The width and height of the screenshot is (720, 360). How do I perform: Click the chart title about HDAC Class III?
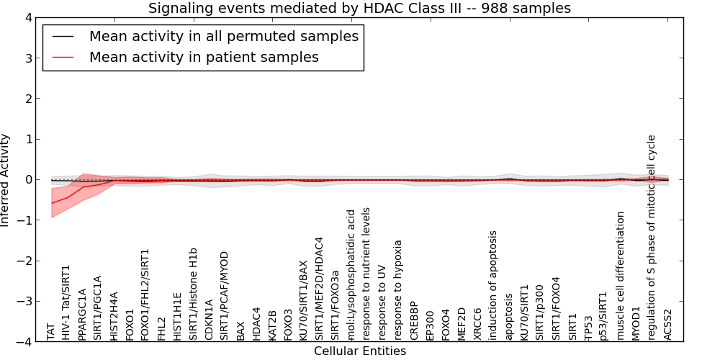359,8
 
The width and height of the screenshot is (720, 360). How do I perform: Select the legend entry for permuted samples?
224,36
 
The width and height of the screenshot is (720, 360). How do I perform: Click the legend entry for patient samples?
204,57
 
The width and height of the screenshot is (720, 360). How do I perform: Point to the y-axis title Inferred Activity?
5,180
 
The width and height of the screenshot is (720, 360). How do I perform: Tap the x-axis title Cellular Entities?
360,351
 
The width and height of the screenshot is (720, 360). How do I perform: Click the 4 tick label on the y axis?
29,18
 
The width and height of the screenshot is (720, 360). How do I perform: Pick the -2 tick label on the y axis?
25,261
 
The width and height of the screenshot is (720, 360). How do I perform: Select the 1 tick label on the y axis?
30,139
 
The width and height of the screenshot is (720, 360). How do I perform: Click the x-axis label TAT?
50,332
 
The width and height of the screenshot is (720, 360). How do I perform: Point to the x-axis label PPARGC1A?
82,315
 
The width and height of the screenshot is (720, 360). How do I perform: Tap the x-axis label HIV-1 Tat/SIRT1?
66,302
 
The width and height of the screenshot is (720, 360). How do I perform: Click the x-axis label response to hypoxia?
398,290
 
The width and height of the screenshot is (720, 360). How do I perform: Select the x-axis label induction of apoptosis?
492,286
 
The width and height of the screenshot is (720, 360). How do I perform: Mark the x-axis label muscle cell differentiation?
620,276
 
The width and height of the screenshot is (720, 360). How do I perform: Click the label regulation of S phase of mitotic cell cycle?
651,238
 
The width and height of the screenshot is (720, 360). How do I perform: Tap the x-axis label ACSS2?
667,325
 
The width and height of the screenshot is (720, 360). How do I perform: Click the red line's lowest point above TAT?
51,203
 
